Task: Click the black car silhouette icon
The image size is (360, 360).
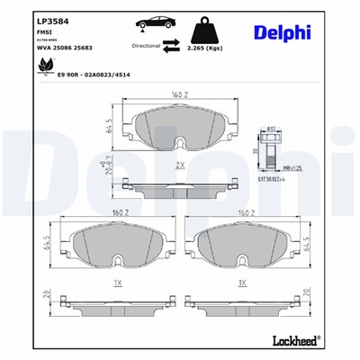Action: (x=154, y=23)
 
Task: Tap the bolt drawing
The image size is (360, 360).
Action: (x=270, y=148)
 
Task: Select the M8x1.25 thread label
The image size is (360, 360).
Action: (x=287, y=168)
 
